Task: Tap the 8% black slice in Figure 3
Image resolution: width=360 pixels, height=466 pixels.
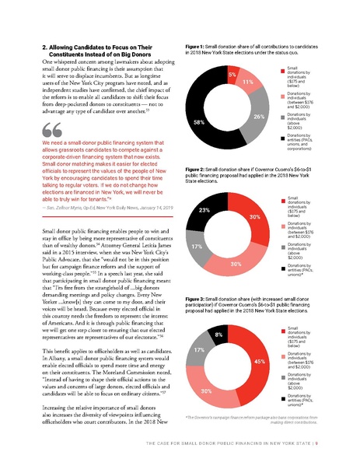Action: tap(218, 335)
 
